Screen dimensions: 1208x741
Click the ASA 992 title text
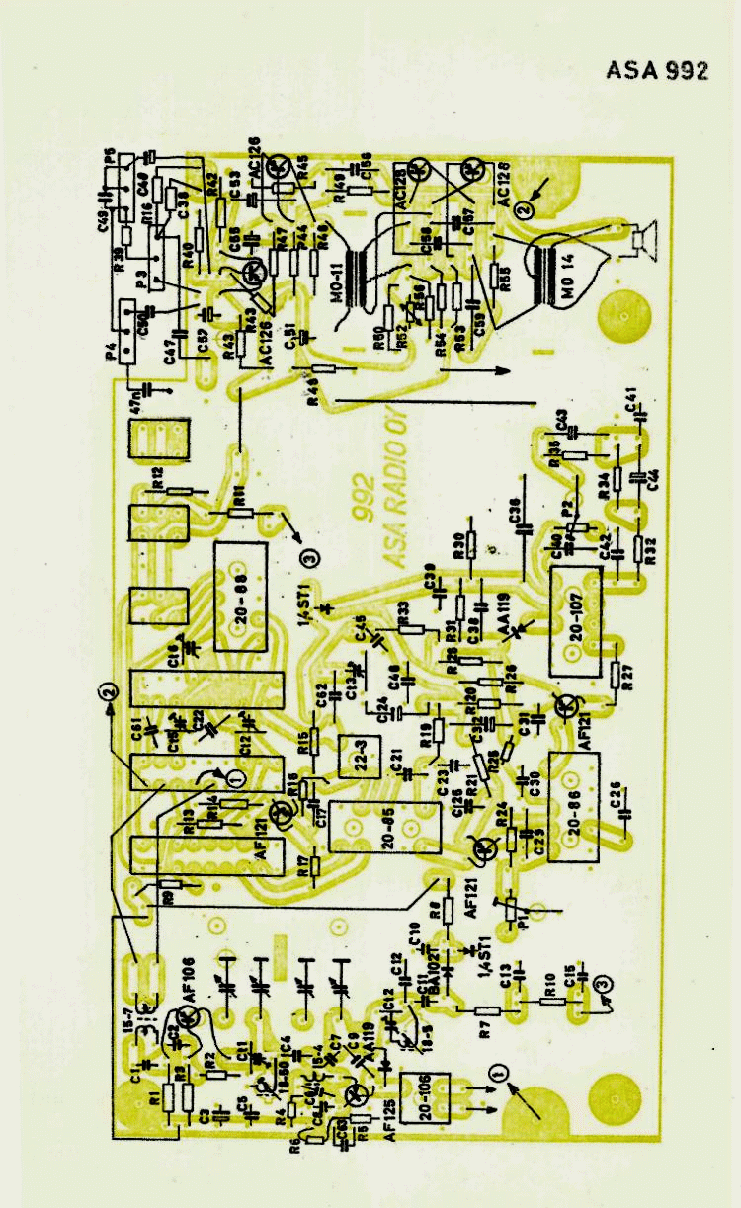(657, 72)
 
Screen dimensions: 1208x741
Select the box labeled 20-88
(241, 596)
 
